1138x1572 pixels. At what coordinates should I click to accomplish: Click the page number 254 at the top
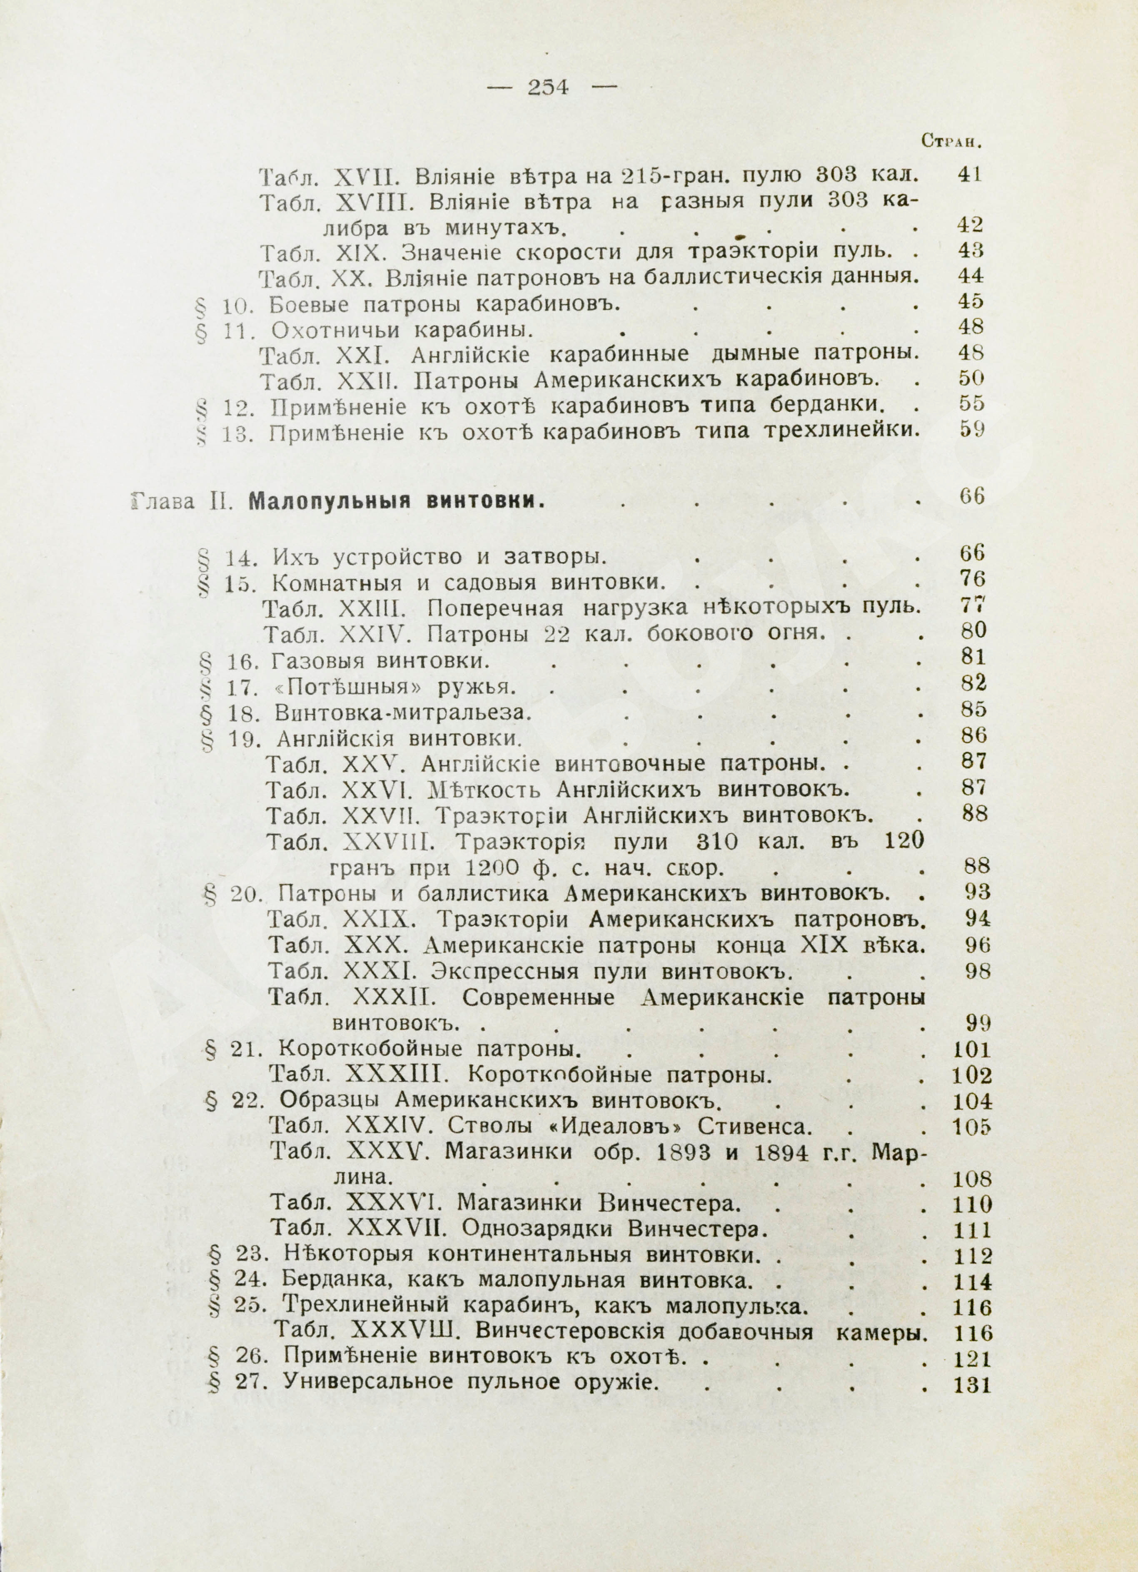pyautogui.click(x=548, y=87)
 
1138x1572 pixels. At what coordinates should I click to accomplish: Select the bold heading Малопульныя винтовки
pyautogui.click(x=394, y=501)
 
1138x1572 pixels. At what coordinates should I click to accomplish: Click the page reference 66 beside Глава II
pyautogui.click(x=972, y=497)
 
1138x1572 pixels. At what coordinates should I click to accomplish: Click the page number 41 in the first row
pyautogui.click(x=969, y=174)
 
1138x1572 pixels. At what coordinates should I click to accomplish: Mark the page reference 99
pyautogui.click(x=977, y=1022)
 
